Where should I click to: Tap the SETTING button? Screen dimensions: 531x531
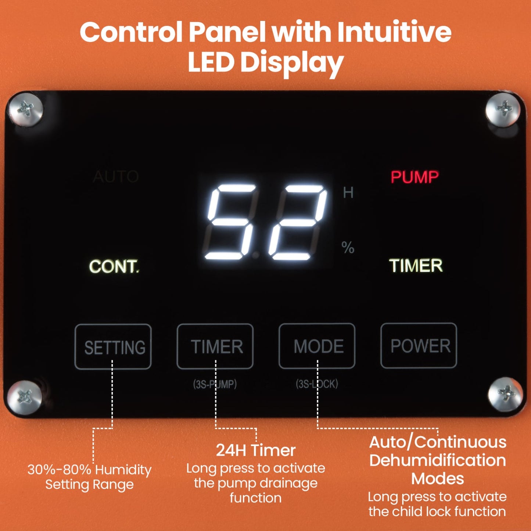click(x=113, y=347)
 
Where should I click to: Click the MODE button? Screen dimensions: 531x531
click(x=317, y=346)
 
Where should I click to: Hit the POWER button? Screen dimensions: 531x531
click(x=419, y=345)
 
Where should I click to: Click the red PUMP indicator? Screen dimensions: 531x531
click(x=415, y=177)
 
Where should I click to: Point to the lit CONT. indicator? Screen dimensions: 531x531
click(x=114, y=266)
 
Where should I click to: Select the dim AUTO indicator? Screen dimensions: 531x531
click(x=116, y=177)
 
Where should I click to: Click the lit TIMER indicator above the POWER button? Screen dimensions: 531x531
click(x=416, y=266)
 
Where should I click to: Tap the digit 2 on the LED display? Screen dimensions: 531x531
click(x=298, y=222)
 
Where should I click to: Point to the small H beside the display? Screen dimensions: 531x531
click(x=348, y=193)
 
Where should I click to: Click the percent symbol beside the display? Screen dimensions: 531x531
click(x=348, y=247)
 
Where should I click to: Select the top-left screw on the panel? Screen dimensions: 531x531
click(x=26, y=110)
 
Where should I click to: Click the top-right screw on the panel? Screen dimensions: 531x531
click(x=503, y=110)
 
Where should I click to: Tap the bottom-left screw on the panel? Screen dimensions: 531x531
click(x=25, y=397)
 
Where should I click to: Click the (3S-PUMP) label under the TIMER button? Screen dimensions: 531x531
click(x=215, y=384)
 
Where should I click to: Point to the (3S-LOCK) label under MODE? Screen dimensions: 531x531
click(x=317, y=384)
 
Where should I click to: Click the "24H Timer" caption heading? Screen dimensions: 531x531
click(x=255, y=450)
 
